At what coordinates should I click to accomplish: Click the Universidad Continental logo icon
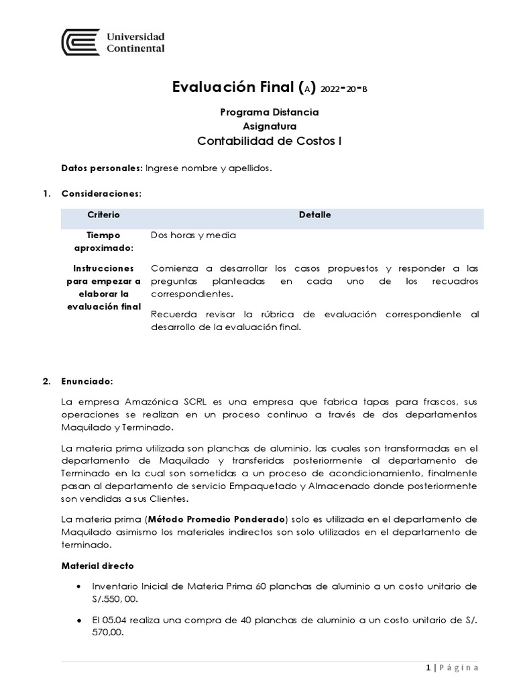pos(81,42)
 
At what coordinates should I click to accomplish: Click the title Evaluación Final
pos(233,87)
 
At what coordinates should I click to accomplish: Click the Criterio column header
pos(103,215)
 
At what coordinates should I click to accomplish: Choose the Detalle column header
pos(314,215)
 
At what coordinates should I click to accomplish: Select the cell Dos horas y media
pos(194,235)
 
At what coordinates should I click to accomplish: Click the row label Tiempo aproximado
pos(103,242)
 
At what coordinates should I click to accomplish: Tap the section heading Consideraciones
pos(101,194)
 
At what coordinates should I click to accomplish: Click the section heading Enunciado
pos(87,381)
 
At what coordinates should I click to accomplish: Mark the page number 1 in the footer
pos(427,668)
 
